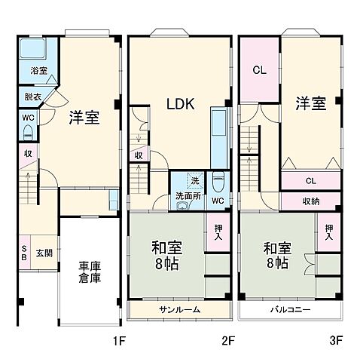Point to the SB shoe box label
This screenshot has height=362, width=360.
24,253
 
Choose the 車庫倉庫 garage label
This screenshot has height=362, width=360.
91,272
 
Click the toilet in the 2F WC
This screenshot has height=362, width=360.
218,182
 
